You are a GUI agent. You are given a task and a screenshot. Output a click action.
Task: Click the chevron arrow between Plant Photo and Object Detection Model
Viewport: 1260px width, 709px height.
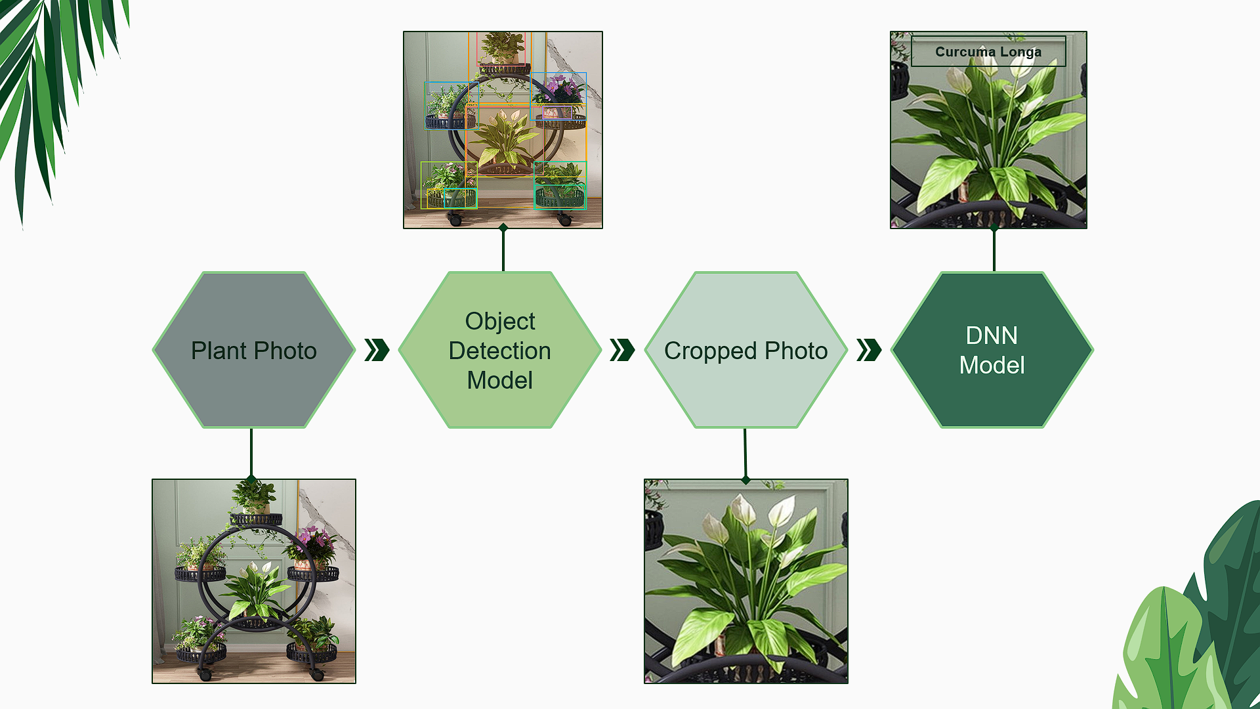click(377, 350)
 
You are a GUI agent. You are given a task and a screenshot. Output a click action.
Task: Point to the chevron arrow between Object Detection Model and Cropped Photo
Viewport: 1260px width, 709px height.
click(622, 350)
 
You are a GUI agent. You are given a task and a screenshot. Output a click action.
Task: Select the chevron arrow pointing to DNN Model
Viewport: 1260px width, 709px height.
click(869, 350)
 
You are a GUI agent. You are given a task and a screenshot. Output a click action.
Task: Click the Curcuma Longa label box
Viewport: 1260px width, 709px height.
click(988, 52)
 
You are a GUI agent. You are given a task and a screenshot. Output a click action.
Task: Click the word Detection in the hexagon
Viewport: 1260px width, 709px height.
click(500, 351)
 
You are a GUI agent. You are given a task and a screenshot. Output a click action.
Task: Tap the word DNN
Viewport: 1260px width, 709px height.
click(992, 335)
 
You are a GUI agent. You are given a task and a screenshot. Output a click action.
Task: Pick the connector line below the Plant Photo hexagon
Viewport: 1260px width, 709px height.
click(251, 453)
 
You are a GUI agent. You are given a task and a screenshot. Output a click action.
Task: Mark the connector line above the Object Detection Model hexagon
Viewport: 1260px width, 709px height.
click(503, 249)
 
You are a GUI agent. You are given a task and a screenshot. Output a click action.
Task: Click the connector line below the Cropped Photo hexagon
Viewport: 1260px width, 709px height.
click(745, 453)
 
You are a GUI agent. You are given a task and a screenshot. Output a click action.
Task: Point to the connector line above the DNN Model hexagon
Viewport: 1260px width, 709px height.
click(994, 249)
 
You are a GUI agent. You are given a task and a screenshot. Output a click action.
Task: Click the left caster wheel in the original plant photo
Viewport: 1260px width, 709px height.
click(205, 674)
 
